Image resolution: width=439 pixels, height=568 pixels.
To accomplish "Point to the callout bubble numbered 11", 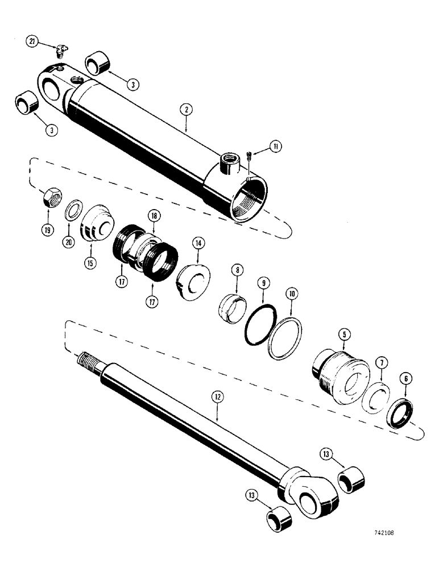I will coord(275,147).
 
